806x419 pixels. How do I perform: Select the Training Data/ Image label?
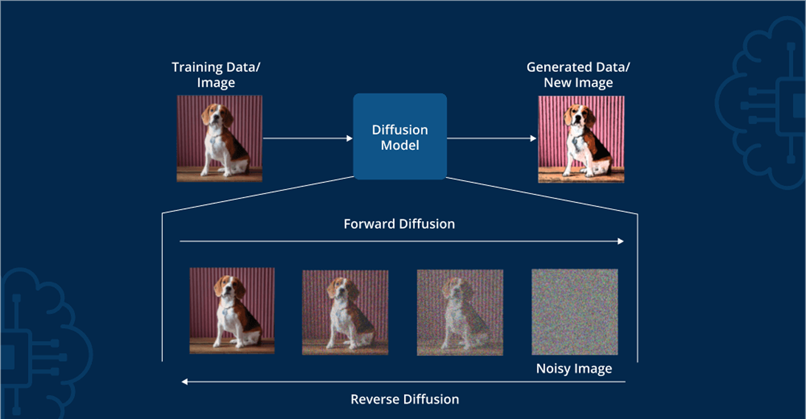coord(216,75)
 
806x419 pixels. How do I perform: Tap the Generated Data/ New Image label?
coord(578,75)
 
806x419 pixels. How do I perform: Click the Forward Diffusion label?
coord(399,224)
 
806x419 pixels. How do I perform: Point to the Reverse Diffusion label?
coord(405,399)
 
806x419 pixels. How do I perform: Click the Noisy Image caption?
coord(574,369)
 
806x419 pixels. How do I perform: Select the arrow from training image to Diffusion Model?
coord(307,138)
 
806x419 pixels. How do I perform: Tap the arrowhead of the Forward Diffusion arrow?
coord(621,242)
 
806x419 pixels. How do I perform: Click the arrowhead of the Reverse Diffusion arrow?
coord(184,381)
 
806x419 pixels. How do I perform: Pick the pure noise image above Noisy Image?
coord(574,312)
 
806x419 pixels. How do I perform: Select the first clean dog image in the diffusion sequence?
coord(232,310)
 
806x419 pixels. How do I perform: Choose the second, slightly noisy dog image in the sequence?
coord(345,313)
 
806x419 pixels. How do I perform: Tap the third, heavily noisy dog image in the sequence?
coord(460,313)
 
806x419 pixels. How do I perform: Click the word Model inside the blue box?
coord(400,145)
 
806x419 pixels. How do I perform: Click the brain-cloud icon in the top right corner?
coord(763,101)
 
